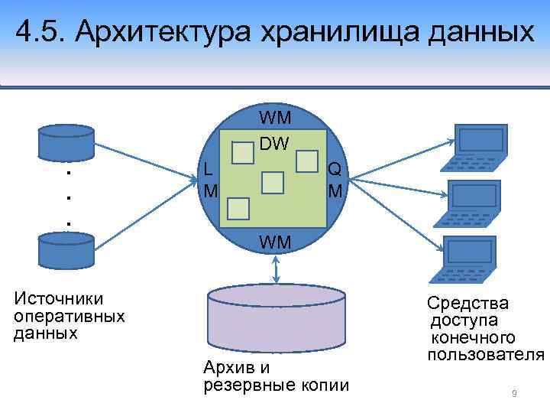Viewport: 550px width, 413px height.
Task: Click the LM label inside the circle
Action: [x=209, y=180]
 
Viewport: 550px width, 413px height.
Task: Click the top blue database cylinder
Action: [x=66, y=139]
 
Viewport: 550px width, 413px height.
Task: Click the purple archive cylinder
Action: [x=277, y=317]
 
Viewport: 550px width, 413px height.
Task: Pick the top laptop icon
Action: [x=478, y=147]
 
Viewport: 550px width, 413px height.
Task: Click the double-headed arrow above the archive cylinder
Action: [x=277, y=268]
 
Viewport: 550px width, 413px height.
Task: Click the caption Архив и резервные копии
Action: [x=275, y=376]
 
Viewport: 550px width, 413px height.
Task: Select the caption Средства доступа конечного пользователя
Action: [x=485, y=329]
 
